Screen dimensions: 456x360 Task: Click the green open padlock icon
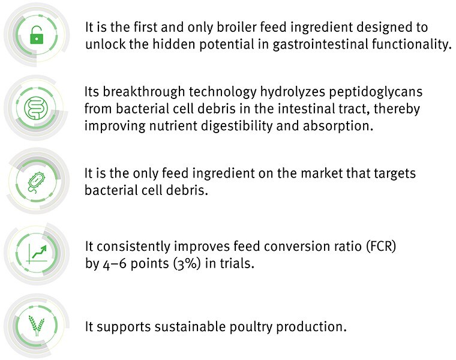37,35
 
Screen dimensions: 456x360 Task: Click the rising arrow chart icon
37,254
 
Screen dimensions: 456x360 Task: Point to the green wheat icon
37,325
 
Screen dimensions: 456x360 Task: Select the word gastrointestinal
321,45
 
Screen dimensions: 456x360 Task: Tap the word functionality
412,44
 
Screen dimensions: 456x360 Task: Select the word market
322,173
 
